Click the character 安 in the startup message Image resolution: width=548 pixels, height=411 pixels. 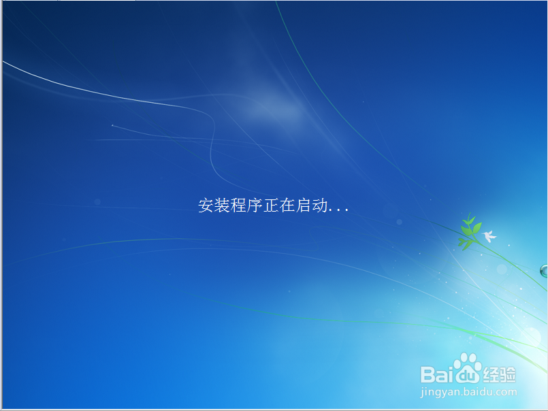206,205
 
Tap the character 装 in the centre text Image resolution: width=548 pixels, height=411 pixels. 222,205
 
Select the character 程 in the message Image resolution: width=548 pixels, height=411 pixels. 238,205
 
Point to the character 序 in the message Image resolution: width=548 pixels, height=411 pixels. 255,205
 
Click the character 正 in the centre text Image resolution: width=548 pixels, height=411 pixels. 271,205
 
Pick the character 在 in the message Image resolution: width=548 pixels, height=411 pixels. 287,205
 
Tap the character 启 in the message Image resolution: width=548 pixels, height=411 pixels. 304,205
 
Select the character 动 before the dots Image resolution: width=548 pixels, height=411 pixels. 320,205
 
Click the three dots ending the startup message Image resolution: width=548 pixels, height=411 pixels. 339,210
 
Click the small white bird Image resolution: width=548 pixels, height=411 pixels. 489,236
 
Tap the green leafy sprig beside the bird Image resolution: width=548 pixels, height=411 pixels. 470,232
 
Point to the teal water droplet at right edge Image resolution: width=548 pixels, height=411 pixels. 544,271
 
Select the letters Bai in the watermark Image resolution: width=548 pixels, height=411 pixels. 437,374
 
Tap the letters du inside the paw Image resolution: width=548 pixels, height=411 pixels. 468,375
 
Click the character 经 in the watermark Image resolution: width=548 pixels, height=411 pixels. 491,374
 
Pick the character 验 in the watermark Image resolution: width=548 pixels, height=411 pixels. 508,374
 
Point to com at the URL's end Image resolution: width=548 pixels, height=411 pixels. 506,393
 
